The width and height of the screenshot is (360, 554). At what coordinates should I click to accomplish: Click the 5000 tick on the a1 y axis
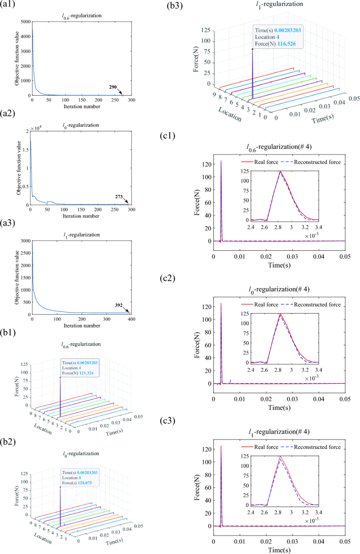pyautogui.click(x=23, y=22)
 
